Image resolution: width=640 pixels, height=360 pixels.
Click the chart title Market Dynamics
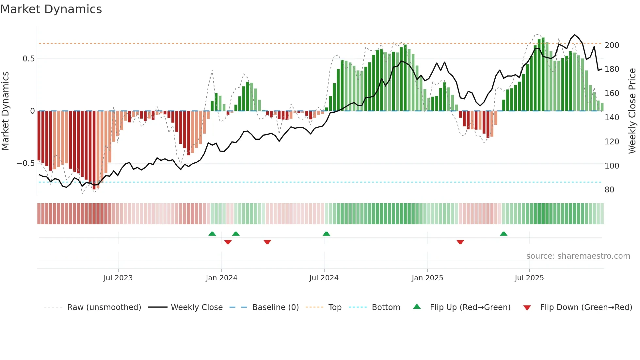51,9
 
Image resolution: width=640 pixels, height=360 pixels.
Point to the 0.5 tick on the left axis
28,59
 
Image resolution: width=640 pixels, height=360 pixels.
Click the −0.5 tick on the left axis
26,163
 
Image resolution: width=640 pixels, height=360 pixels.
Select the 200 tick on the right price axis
612,45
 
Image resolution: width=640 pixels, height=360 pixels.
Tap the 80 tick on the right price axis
609,190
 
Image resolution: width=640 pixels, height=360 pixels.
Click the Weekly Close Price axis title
632,111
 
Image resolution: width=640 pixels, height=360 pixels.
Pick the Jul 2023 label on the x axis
118,278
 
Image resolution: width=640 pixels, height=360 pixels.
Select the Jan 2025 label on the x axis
427,278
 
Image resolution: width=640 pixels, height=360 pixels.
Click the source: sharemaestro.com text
578,256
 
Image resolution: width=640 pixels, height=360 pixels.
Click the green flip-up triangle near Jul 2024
326,234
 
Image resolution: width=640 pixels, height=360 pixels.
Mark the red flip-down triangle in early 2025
460,242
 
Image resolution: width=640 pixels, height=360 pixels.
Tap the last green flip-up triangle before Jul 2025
504,234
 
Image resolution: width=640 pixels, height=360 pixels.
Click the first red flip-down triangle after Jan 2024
228,242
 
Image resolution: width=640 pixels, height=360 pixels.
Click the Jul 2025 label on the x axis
529,278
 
